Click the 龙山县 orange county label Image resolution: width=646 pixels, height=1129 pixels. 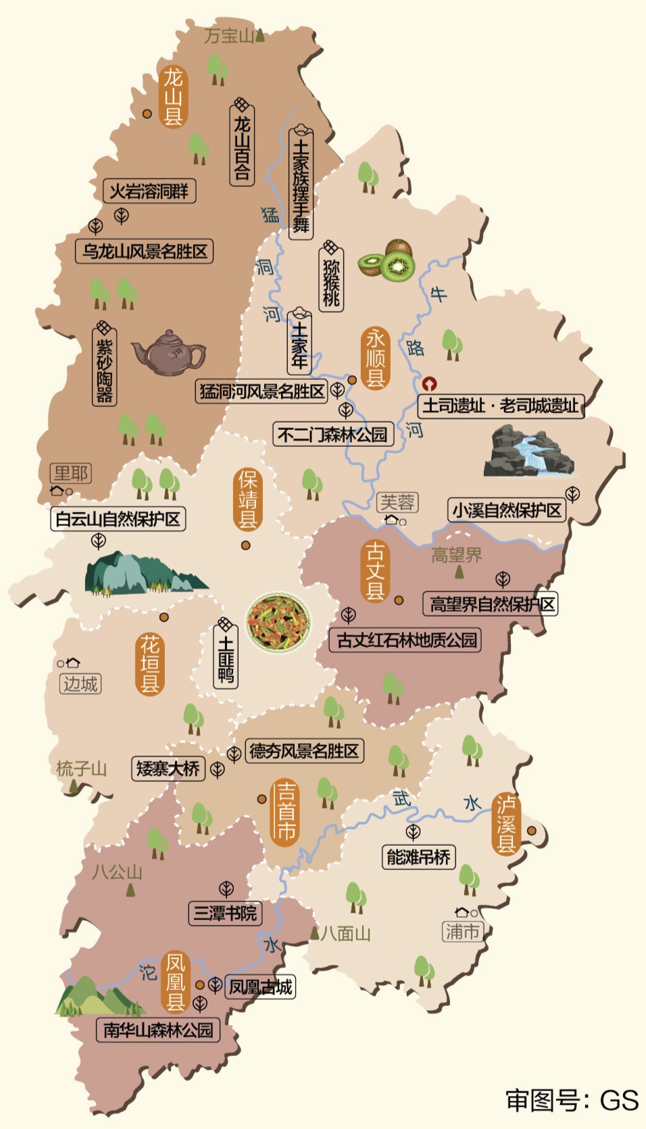point(173,97)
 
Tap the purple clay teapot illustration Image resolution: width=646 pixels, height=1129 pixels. point(169,352)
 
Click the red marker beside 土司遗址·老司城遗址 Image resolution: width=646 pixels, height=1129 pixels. point(429,384)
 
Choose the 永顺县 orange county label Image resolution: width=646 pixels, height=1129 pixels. point(376,358)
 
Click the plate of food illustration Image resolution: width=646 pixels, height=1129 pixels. point(278,622)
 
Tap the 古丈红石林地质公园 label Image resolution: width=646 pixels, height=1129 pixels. point(405,640)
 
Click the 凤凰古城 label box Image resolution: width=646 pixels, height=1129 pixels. point(260,987)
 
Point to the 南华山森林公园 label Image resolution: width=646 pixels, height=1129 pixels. point(157,1030)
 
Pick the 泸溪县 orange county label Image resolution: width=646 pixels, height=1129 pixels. point(506,824)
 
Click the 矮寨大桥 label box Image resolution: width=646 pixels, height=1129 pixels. point(168,768)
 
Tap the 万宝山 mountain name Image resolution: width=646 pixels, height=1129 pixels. point(229,35)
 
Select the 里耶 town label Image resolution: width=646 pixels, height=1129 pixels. point(71,473)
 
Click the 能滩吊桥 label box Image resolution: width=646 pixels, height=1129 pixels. point(418,857)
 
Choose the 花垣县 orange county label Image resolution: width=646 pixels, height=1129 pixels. point(149,664)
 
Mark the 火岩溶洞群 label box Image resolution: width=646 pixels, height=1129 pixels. point(149,191)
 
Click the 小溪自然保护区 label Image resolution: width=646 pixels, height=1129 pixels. point(506,510)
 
